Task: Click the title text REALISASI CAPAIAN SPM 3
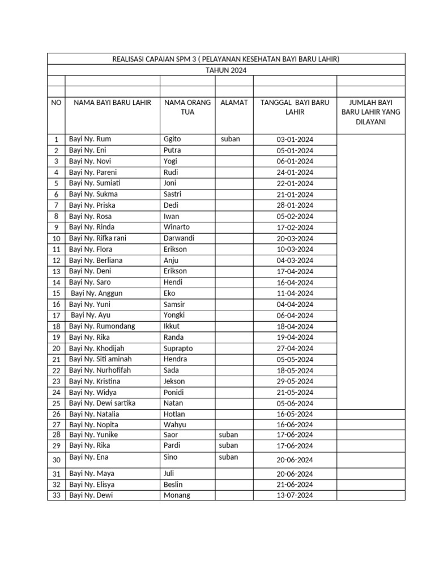click(226, 59)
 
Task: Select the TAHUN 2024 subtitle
click(226, 70)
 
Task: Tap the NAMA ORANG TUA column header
click(187, 107)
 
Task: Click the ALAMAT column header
click(234, 103)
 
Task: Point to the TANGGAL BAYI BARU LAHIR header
click(295, 107)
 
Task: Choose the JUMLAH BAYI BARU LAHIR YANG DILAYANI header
click(370, 112)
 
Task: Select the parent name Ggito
click(172, 139)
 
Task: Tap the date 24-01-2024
click(295, 172)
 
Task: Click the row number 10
click(56, 239)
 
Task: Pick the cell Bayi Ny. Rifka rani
click(97, 238)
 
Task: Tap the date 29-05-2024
click(295, 382)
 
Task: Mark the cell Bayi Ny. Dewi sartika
click(102, 403)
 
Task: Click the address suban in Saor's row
click(228, 435)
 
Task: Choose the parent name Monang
click(177, 495)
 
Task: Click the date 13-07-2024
click(295, 495)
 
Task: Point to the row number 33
click(56, 495)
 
